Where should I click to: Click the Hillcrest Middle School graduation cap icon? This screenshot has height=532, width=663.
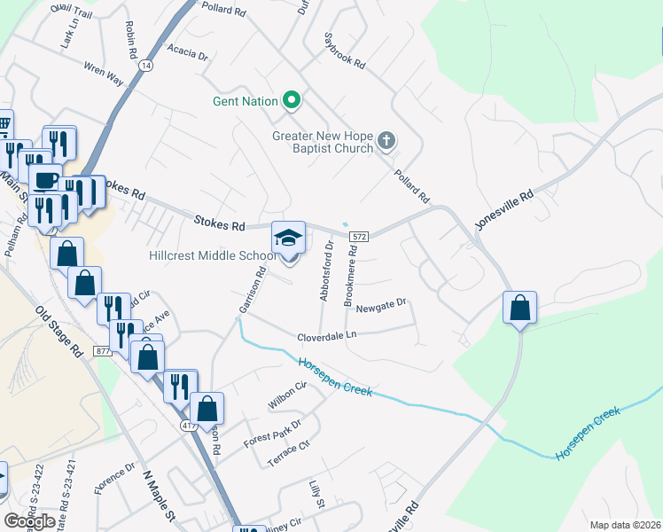pos(288,239)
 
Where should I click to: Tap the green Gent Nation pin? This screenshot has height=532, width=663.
pos(291,101)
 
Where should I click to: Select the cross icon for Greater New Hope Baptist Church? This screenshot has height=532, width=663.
pos(386,140)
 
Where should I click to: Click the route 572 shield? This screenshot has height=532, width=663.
pos(358,237)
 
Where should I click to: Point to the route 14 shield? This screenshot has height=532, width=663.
pos(145,66)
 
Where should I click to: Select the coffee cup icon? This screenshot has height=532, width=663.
pos(44,180)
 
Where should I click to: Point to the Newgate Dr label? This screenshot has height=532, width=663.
pos(380,307)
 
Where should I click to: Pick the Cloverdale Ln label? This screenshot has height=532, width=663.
pos(326,336)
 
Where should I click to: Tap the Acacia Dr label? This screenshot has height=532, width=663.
pos(187,55)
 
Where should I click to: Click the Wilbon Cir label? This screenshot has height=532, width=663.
pos(286,396)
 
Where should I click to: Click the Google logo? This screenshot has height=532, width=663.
pos(29,520)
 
